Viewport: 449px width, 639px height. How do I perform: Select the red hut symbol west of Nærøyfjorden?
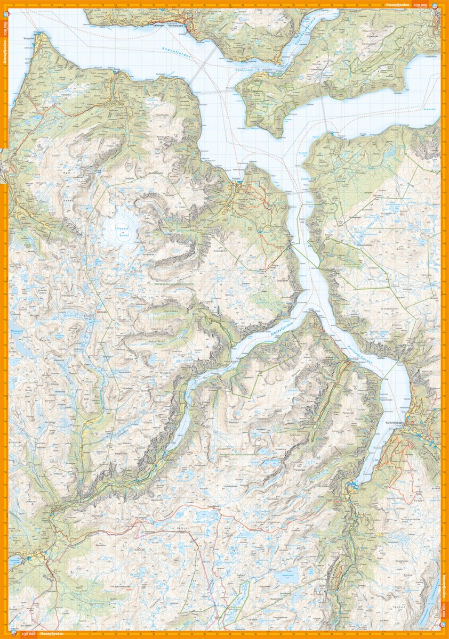point(98,306)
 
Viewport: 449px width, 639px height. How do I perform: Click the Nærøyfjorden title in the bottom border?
point(52,634)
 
